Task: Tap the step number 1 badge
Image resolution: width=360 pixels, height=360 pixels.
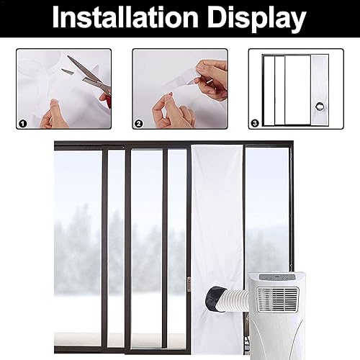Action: pos(23,122)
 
